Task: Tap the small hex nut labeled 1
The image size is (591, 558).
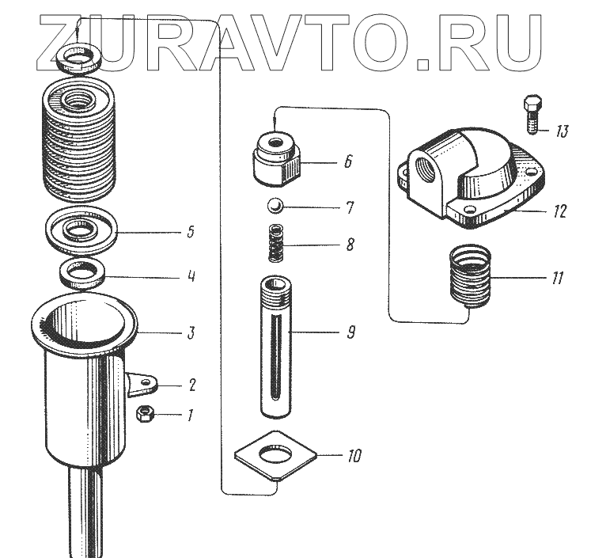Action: tap(146, 413)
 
